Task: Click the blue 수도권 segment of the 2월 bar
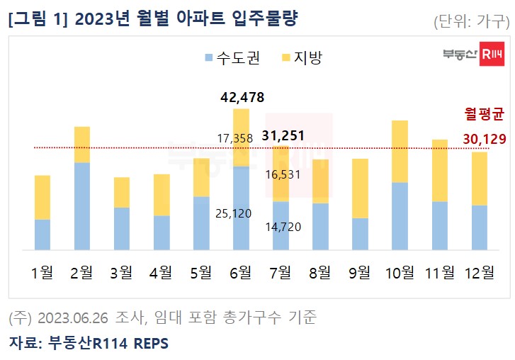point(82,206)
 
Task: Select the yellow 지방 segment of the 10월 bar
point(400,152)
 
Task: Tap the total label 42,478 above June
point(241,97)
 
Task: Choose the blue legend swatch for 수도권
point(208,57)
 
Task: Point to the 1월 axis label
point(43,272)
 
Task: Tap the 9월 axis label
point(360,272)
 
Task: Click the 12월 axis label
point(479,272)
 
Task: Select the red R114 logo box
point(492,55)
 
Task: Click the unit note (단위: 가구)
point(471,21)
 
